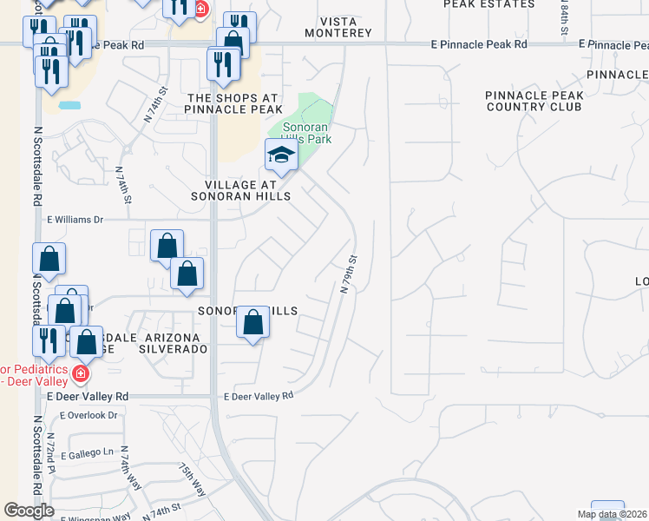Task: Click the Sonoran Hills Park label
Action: (300, 131)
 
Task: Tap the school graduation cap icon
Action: (281, 156)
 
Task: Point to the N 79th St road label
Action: (349, 274)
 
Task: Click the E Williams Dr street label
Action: (75, 221)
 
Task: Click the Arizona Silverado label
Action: (176, 342)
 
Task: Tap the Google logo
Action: (29, 511)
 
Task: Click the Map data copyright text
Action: (612, 514)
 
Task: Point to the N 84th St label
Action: (564, 17)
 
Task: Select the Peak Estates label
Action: (488, 4)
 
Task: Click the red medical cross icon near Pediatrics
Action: (81, 374)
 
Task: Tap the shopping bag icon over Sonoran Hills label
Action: (252, 323)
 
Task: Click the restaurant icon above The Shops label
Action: (223, 64)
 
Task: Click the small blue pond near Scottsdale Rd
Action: (69, 105)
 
